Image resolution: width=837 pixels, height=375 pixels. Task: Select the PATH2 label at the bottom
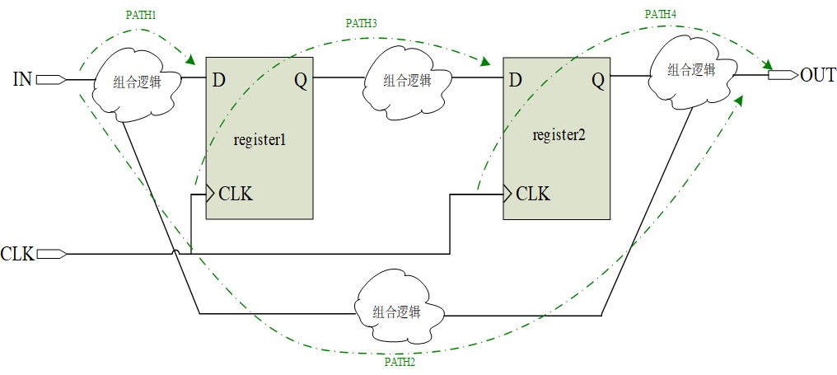400,362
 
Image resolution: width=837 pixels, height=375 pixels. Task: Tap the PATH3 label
361,23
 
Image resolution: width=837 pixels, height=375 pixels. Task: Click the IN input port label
22,80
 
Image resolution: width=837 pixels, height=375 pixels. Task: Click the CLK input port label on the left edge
17,254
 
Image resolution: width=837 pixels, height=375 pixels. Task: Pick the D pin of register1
218,80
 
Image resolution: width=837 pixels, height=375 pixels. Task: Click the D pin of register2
515,80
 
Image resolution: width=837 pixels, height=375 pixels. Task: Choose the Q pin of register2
597,80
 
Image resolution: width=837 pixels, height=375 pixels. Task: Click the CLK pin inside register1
236,195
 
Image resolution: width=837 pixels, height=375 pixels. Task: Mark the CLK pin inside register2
533,195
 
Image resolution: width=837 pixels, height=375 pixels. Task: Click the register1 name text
260,139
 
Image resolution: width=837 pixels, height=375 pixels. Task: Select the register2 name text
559,135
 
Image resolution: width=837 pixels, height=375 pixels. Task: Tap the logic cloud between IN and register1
136,82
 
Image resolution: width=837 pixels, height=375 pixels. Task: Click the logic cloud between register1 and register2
407,81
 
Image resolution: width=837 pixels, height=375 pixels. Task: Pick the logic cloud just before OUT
690,71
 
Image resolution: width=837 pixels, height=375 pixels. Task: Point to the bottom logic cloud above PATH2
396,312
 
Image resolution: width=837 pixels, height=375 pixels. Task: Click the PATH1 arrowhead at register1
191,60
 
